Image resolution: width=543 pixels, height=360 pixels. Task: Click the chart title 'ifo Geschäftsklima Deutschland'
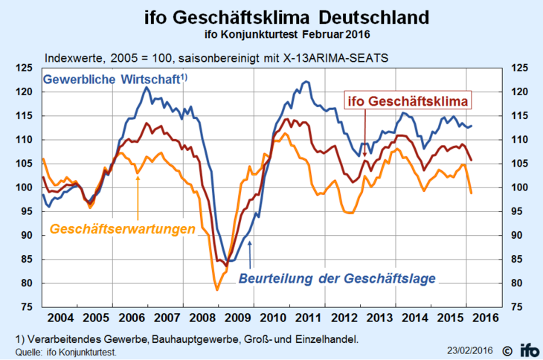click(x=271, y=16)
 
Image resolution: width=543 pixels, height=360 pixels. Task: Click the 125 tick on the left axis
click(x=28, y=68)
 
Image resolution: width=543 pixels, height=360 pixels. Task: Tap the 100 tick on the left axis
click(x=28, y=187)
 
